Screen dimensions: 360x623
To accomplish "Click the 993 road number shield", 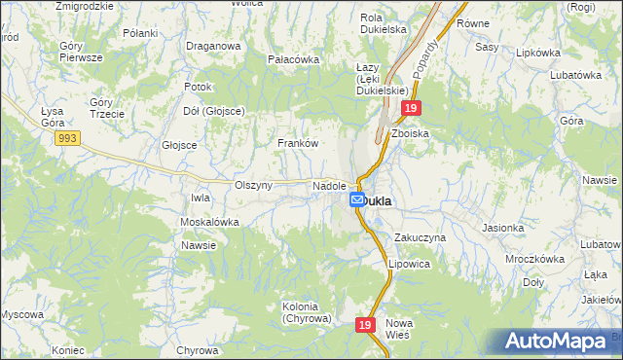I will pyautogui.click(x=67, y=140).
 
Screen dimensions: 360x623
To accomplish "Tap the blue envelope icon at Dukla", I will pyautogui.click(x=357, y=199).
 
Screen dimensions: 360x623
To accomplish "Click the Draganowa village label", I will pyautogui.click(x=213, y=46).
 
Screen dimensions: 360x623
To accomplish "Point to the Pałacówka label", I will pyautogui.click(x=293, y=59).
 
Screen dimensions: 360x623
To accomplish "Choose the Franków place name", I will pyautogui.click(x=298, y=143).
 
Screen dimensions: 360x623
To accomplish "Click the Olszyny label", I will pyautogui.click(x=254, y=185).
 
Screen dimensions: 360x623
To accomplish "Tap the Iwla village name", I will pyautogui.click(x=201, y=198).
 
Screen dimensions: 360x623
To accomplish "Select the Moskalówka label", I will pyautogui.click(x=209, y=222).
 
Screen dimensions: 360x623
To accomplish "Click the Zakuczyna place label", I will pyautogui.click(x=420, y=237).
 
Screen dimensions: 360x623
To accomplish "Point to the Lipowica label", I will pyautogui.click(x=409, y=264).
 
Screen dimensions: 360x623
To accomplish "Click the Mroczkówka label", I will pyautogui.click(x=535, y=260).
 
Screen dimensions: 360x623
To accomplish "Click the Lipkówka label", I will pyautogui.click(x=540, y=52).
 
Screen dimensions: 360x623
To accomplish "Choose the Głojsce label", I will pyautogui.click(x=179, y=145).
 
